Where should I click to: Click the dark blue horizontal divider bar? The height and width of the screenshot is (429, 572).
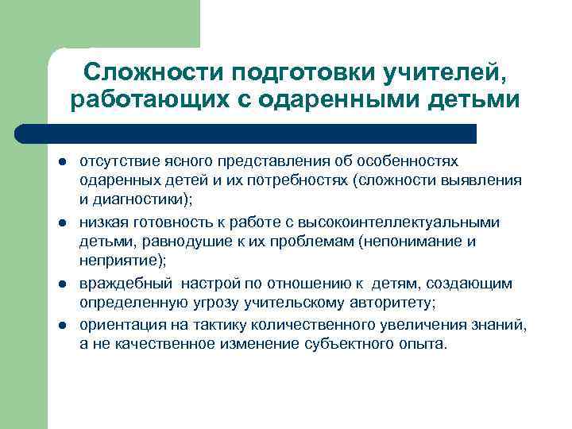click(246, 133)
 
